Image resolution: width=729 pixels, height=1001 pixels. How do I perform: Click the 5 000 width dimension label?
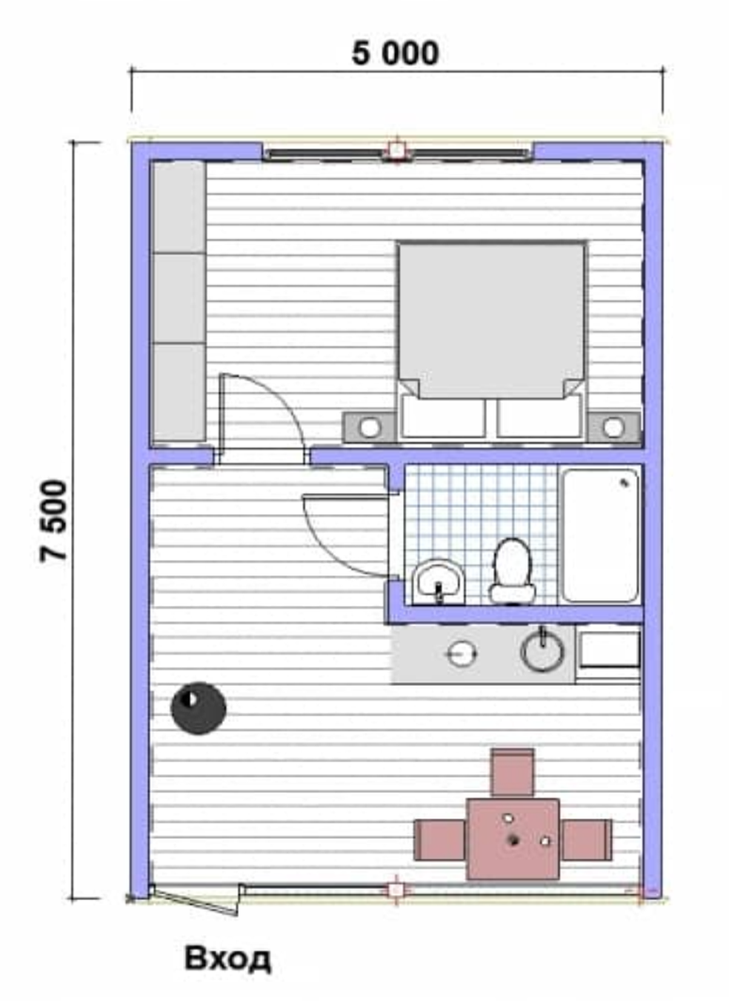(x=395, y=53)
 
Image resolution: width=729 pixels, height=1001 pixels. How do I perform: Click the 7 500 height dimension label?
(x=53, y=521)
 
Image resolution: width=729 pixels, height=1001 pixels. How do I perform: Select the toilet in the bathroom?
(x=513, y=571)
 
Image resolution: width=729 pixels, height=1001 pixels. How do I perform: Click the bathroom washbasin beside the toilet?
(x=439, y=582)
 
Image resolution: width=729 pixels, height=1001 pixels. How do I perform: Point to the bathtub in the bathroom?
(x=600, y=535)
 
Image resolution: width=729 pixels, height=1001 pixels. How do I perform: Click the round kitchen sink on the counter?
(x=542, y=653)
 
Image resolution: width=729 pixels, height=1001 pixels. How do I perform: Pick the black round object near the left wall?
(x=199, y=708)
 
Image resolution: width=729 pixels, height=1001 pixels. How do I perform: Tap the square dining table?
(x=513, y=839)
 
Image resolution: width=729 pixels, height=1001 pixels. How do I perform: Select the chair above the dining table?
(x=513, y=773)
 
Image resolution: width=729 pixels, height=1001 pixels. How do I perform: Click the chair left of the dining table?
(x=440, y=839)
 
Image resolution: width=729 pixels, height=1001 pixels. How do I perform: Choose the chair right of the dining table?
(x=587, y=839)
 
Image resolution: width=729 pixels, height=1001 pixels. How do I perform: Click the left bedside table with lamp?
(x=370, y=427)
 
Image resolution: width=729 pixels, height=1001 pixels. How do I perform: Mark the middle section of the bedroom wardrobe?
(x=179, y=297)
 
